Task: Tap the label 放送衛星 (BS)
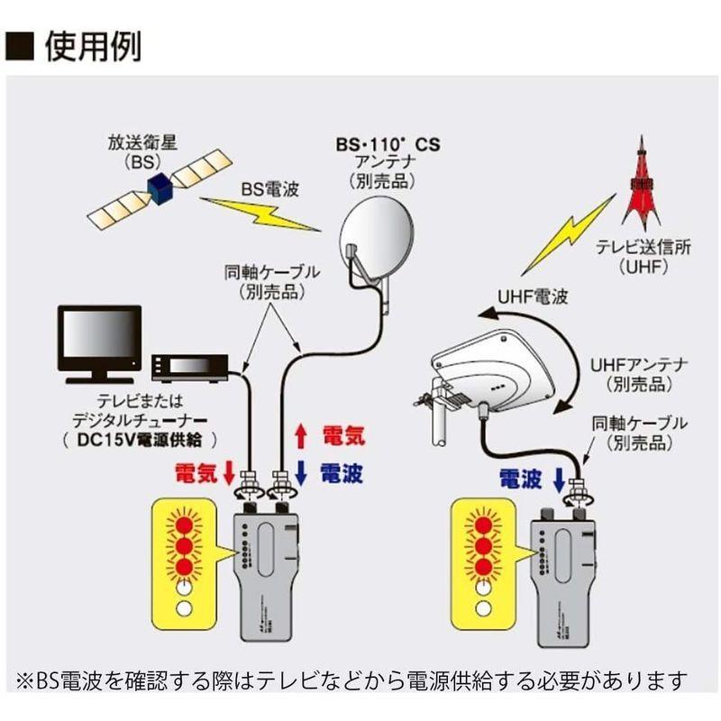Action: tap(129, 149)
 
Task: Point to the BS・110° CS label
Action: tap(388, 144)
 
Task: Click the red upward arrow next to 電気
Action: tap(303, 437)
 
